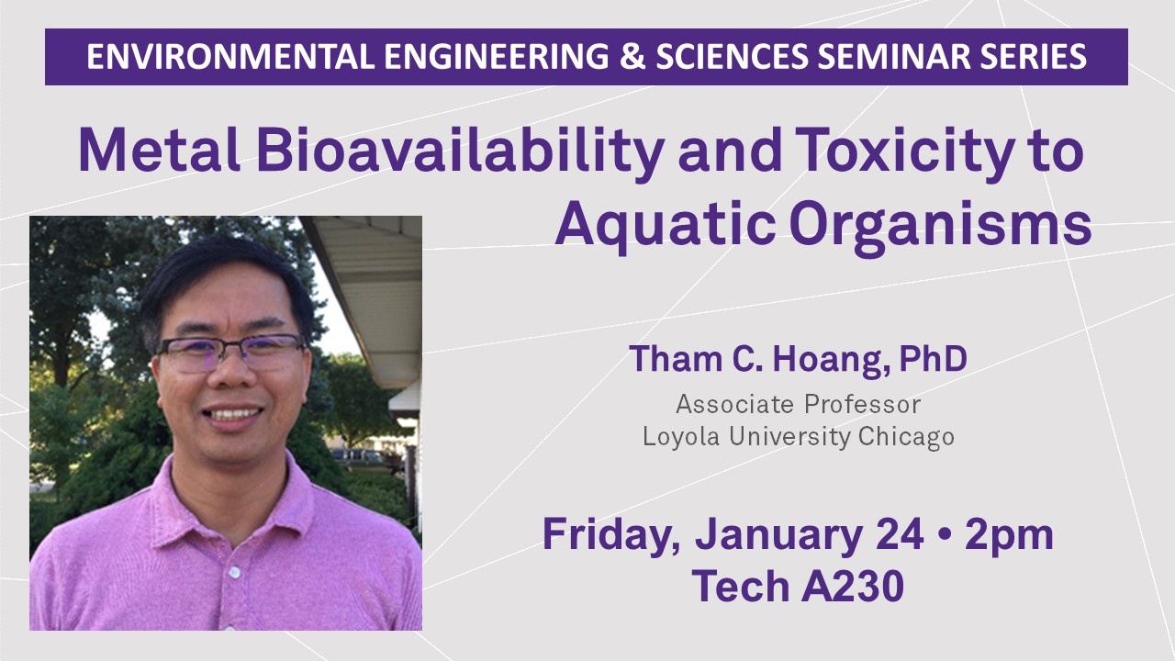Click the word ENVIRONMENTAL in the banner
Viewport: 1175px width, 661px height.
click(230, 57)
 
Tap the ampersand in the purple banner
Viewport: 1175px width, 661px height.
click(632, 57)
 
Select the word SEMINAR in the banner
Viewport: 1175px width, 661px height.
click(891, 57)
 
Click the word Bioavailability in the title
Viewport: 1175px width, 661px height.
click(460, 152)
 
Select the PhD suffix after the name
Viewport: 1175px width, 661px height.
click(934, 359)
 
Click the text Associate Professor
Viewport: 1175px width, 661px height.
click(799, 405)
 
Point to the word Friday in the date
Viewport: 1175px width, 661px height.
click(610, 535)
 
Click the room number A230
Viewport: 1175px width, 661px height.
click(853, 587)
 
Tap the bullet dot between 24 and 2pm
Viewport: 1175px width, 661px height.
click(944, 535)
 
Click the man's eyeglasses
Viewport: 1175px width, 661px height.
click(231, 353)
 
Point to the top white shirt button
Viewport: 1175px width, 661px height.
click(234, 572)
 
